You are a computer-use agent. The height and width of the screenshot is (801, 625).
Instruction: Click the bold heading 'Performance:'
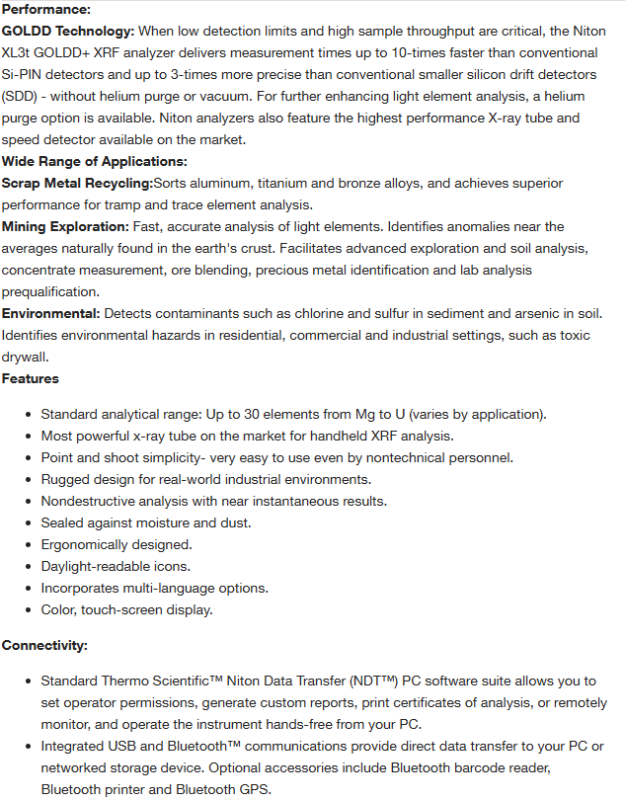pos(45,9)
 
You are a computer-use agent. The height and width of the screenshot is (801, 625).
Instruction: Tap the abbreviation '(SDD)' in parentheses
pos(23,96)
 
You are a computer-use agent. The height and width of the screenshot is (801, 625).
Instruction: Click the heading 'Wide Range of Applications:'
pos(95,161)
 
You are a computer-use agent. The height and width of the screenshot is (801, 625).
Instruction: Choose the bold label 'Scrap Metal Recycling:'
pos(77,183)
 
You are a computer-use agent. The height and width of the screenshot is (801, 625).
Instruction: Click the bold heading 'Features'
pos(31,378)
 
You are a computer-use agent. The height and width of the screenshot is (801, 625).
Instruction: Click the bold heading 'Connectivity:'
pos(45,645)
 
